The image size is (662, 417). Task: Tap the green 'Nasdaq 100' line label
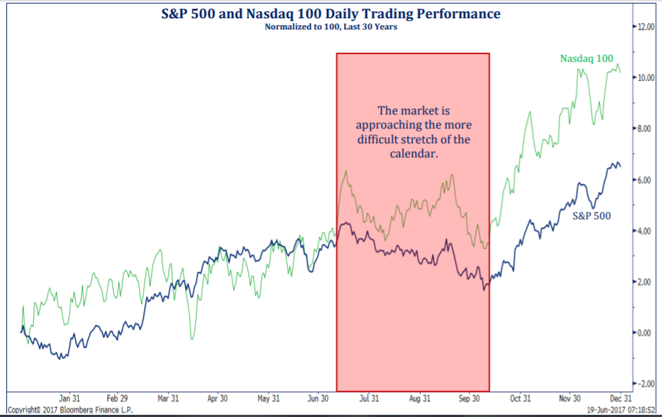coord(586,58)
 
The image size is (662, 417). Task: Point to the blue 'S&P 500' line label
coord(591,216)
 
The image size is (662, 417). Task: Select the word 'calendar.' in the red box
coord(413,153)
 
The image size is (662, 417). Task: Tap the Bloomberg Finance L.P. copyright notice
coord(69,409)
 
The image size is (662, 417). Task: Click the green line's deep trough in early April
coord(191,339)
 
